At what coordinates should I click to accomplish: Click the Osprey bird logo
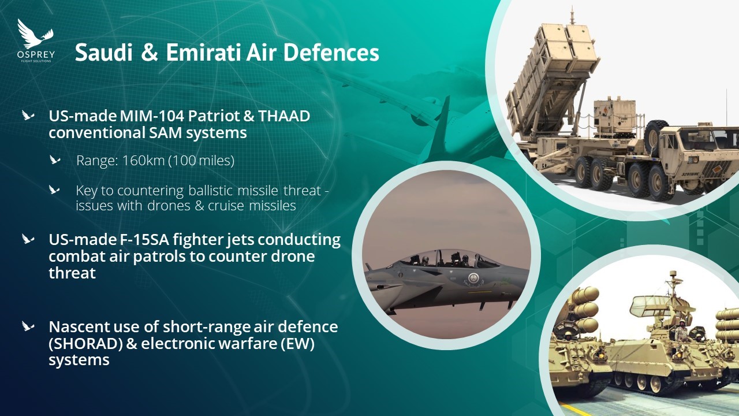point(35,34)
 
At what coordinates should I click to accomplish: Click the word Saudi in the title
point(103,53)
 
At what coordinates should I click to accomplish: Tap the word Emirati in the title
point(203,53)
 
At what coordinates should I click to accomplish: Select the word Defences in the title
point(331,53)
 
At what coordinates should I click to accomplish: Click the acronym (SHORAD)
point(86,344)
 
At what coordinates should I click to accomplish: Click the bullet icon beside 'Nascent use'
point(28,326)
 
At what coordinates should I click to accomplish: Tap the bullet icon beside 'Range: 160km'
point(55,160)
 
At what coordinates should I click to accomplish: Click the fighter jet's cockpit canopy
point(453,258)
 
